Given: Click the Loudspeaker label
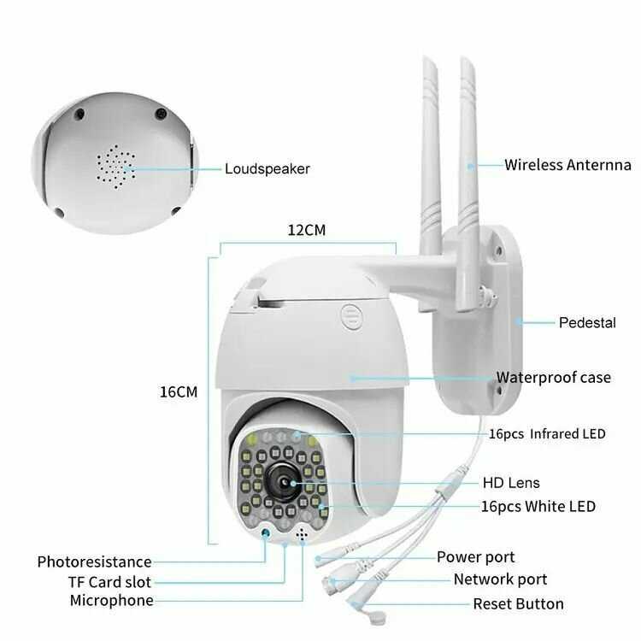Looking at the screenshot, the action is [267, 169].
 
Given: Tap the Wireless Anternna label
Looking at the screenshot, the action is [567, 165].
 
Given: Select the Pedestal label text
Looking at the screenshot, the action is [587, 322].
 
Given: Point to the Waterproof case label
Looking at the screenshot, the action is [554, 377].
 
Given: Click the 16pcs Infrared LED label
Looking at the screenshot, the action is [547, 433].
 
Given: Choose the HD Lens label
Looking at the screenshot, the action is [511, 483].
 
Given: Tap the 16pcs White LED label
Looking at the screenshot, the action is [538, 507].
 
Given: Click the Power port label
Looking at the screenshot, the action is [475, 557].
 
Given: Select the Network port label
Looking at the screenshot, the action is [500, 579].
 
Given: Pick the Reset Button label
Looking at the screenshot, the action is [519, 603].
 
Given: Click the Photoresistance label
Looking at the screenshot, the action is [94, 562].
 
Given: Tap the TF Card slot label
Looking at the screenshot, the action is [109, 582].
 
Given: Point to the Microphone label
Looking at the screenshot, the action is [112, 601].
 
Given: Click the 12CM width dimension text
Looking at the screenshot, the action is [307, 230].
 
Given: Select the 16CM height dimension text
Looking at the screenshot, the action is [179, 392].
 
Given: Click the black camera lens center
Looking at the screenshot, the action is [284, 483].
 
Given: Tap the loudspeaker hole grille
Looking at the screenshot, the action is [116, 167].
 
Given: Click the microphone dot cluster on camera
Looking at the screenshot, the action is [302, 533].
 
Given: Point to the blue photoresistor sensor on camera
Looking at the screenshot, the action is [266, 532].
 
